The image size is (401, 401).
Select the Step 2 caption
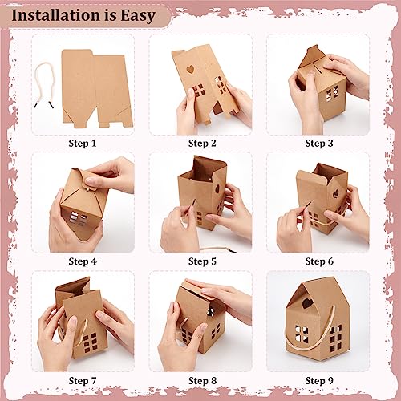point(201,143)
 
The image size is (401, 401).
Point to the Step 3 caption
point(318,143)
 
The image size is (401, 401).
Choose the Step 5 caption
point(201,261)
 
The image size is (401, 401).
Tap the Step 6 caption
point(318,261)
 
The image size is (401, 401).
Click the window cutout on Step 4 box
point(75,218)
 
